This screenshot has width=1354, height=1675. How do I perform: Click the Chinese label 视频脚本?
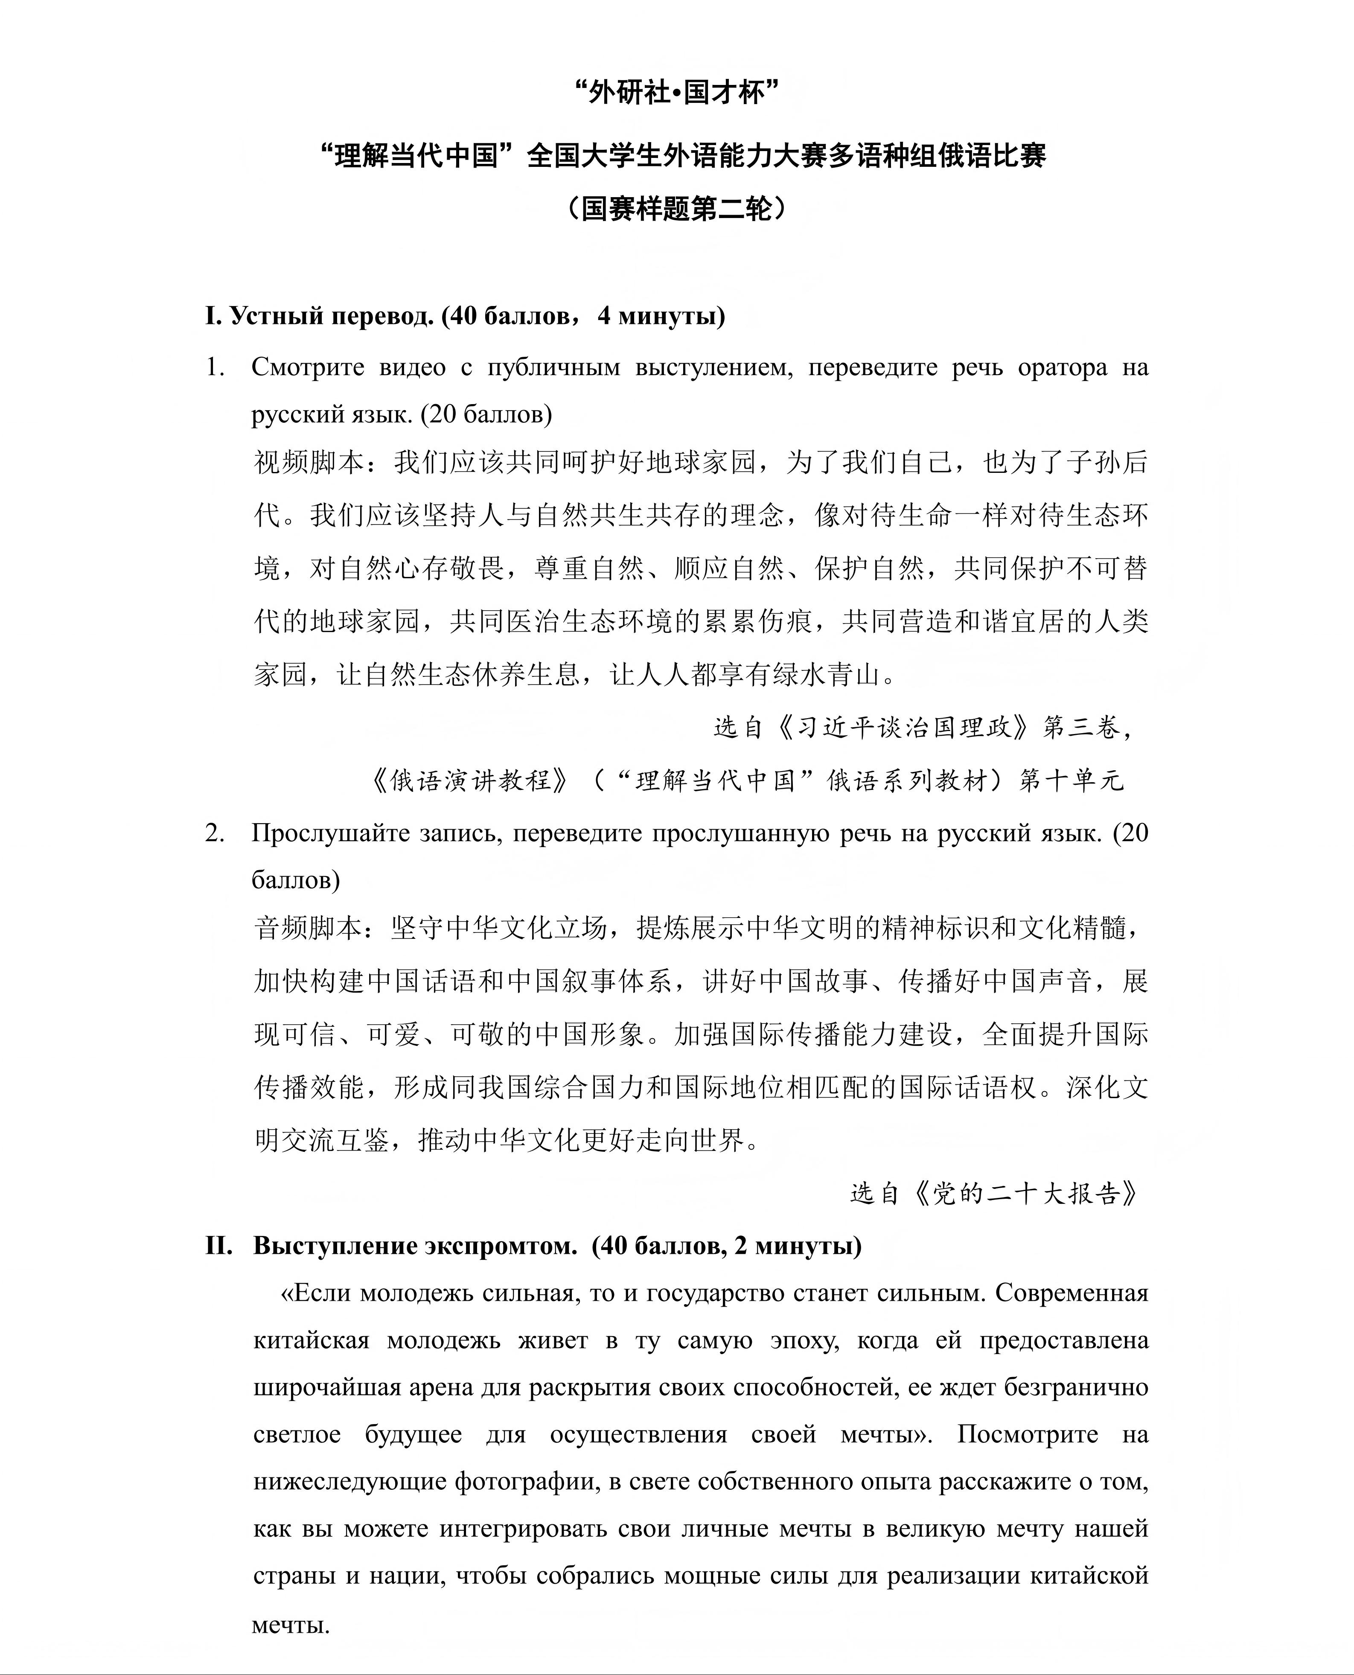click(309, 463)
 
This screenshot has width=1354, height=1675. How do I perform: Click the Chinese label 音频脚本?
click(309, 927)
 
